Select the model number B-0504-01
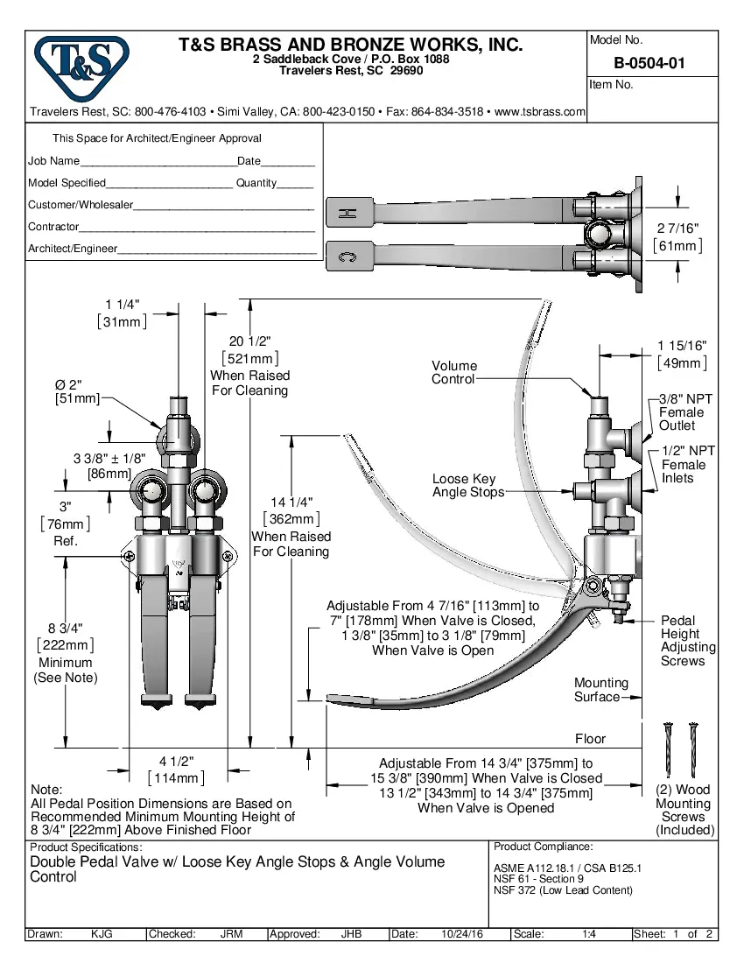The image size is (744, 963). (x=650, y=63)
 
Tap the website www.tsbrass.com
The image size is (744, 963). (x=539, y=112)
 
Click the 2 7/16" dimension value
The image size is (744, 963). (x=678, y=228)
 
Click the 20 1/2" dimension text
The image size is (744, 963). (x=249, y=341)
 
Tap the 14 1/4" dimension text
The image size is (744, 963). (x=290, y=503)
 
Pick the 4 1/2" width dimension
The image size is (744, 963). (x=176, y=762)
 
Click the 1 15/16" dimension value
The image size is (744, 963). (x=682, y=347)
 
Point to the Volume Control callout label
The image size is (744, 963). (x=454, y=372)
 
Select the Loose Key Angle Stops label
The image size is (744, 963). (x=467, y=485)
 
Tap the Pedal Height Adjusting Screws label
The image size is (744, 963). (x=687, y=641)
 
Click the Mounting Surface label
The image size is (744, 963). (x=601, y=690)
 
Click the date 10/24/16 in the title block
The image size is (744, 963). (x=462, y=934)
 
